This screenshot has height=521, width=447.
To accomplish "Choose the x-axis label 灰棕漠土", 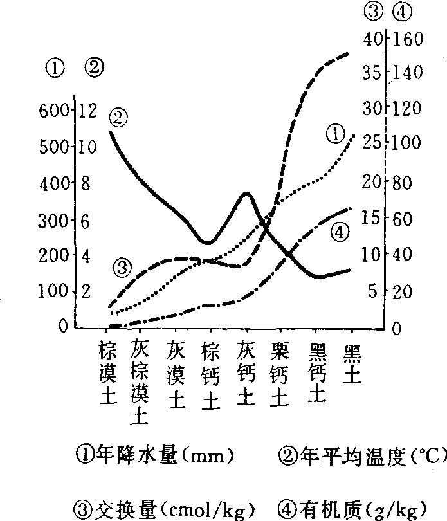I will tap(140, 383).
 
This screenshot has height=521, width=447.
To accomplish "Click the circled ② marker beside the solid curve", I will tap(119, 118).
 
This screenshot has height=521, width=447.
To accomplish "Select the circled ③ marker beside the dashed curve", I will tap(123, 266).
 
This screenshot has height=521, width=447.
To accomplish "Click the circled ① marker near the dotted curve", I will tap(335, 134).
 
